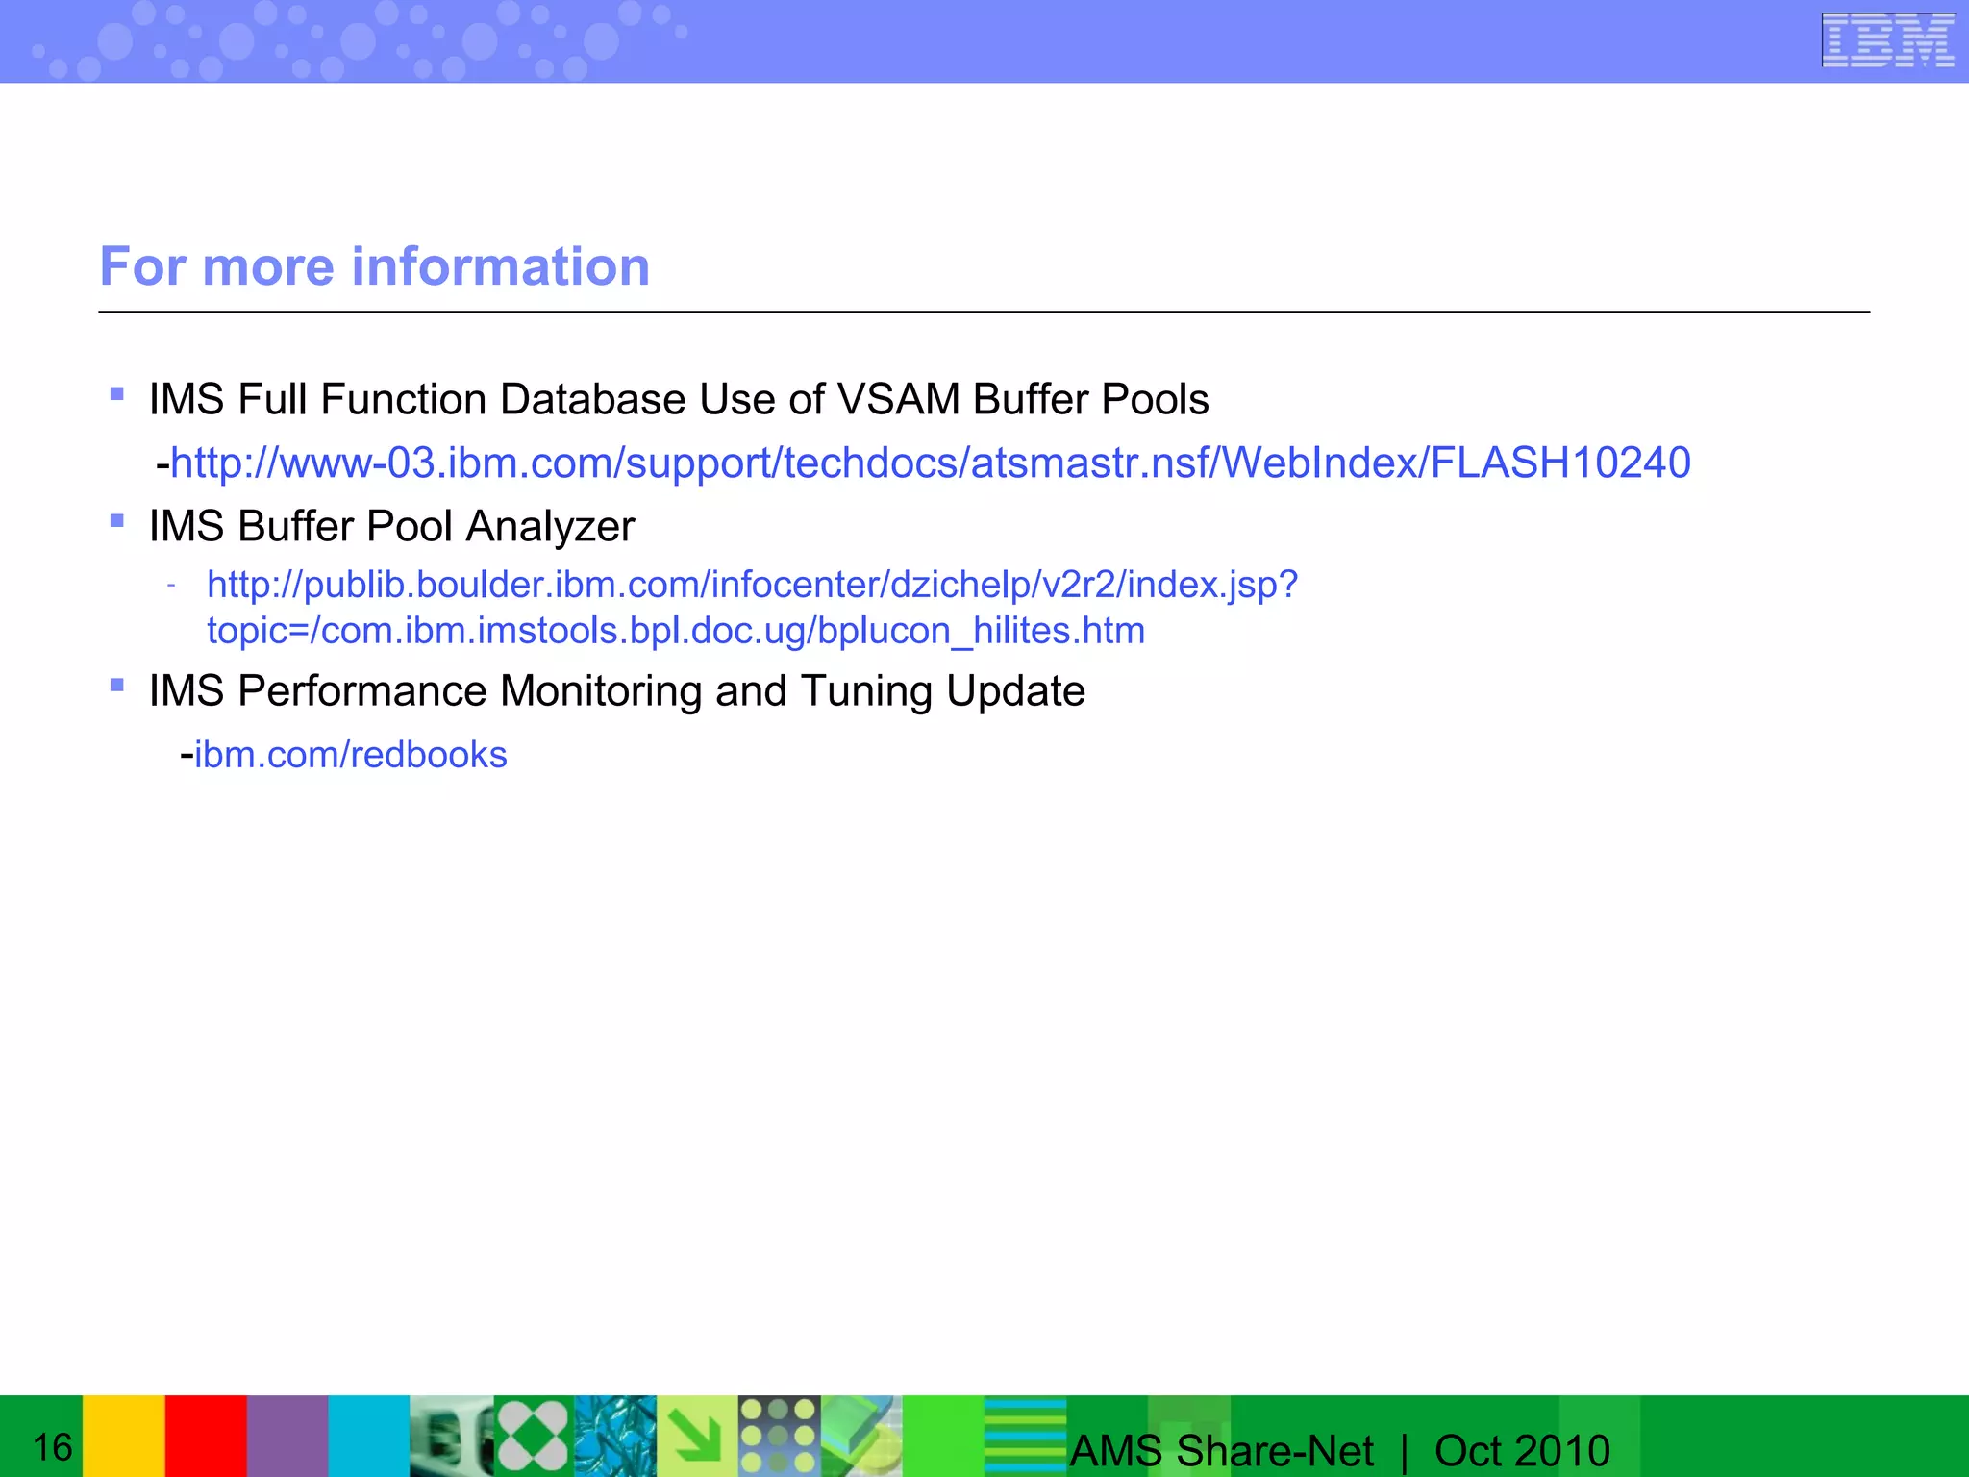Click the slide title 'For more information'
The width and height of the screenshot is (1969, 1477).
375,266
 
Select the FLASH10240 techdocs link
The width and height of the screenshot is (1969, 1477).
930,463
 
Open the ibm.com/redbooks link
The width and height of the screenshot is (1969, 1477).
351,755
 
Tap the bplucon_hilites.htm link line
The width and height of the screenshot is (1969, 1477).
676,631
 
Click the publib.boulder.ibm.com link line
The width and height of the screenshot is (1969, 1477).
752,585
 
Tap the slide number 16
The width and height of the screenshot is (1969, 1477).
53,1447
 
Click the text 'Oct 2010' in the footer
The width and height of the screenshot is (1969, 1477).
1522,1450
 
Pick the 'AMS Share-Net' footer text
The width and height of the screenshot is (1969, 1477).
1221,1450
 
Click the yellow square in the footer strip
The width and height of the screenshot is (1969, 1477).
123,1436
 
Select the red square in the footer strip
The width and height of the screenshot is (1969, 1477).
206,1436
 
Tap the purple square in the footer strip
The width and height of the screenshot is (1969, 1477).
287,1436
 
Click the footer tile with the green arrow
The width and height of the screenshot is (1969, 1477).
697,1436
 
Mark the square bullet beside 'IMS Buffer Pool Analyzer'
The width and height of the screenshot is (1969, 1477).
117,520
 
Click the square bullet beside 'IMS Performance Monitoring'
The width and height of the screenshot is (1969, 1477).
117,685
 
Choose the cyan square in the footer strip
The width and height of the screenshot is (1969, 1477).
369,1436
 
